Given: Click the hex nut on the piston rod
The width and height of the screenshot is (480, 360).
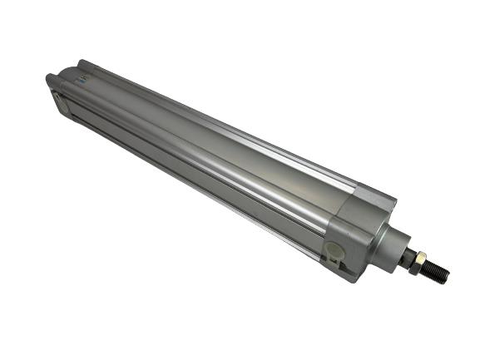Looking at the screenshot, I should coord(418,259).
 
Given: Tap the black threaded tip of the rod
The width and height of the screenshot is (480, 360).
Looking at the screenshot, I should coord(437,269).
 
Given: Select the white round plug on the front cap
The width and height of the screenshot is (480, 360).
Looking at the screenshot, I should coord(334,249).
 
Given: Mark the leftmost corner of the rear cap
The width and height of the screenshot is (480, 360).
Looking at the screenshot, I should coord(47,79).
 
